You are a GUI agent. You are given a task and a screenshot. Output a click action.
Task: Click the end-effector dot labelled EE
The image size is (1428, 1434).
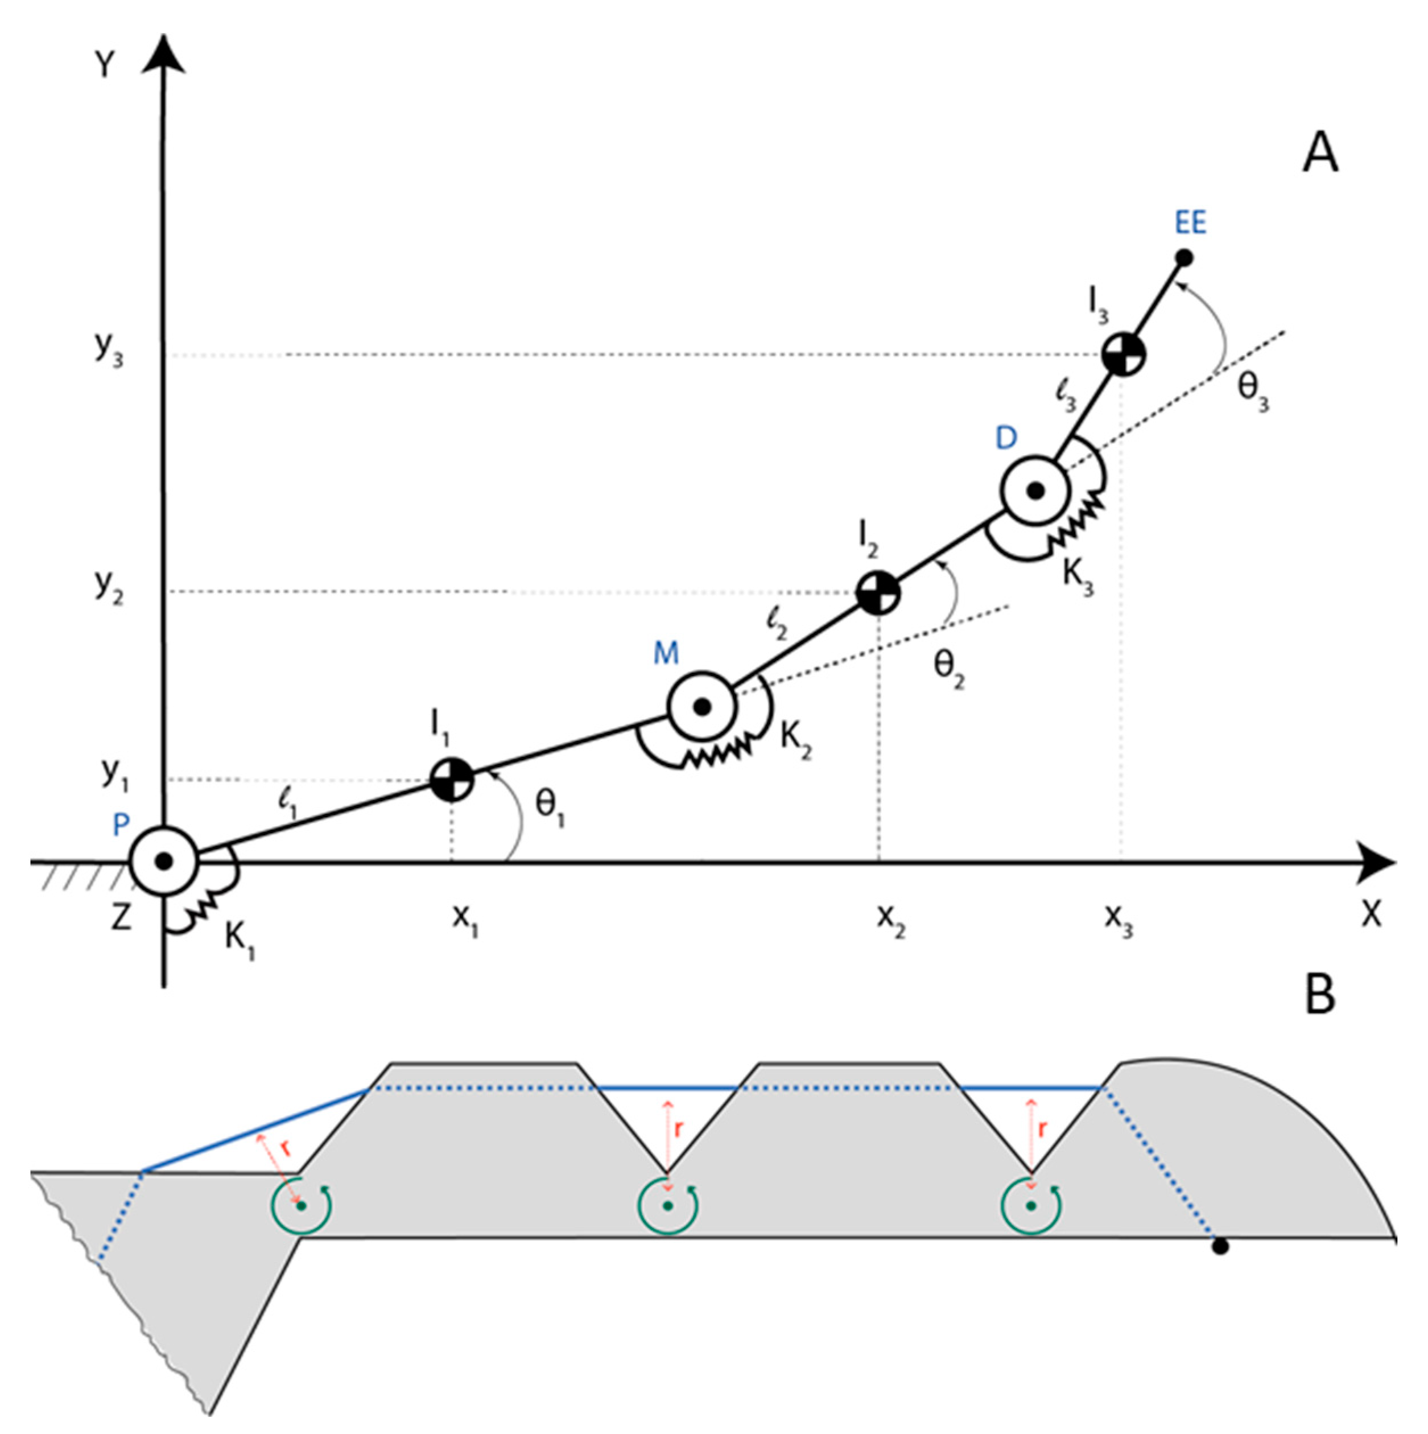pos(1185,258)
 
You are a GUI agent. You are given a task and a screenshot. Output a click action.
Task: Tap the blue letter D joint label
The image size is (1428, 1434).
pos(1006,439)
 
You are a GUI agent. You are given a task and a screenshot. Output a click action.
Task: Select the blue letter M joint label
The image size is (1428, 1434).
pos(666,653)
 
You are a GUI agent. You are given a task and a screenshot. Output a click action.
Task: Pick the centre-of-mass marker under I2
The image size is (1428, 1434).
pos(879,592)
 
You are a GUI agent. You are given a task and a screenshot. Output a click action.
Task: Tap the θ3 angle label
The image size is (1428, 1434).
pos(1253,392)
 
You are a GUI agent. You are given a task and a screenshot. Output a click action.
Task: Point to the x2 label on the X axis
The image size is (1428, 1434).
pos(890,920)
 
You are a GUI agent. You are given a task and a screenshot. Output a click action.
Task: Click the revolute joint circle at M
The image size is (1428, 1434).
pos(701,705)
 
